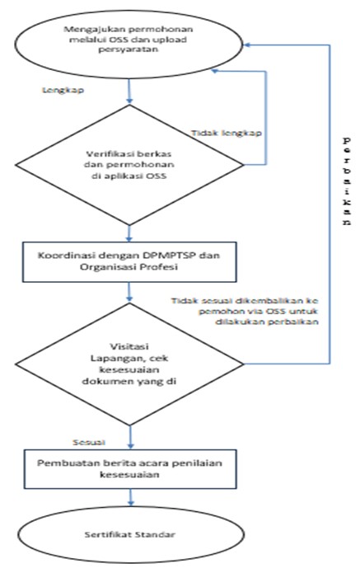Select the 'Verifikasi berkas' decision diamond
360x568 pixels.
click(x=129, y=165)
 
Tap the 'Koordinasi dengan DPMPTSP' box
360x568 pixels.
click(x=129, y=262)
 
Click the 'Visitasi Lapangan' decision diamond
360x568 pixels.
click(x=129, y=364)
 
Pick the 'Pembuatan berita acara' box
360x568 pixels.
click(x=130, y=469)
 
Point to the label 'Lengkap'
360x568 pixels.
click(x=63, y=90)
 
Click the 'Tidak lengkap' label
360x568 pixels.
click(x=227, y=133)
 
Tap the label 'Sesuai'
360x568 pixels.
click(x=89, y=443)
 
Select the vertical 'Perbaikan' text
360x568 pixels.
click(x=346, y=181)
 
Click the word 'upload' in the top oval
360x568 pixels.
click(x=172, y=39)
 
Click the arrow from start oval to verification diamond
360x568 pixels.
click(x=129, y=92)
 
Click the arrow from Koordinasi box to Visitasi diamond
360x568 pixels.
click(x=129, y=292)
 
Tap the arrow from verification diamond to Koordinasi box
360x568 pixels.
click(x=129, y=233)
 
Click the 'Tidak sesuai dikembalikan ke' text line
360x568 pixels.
click(x=245, y=301)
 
